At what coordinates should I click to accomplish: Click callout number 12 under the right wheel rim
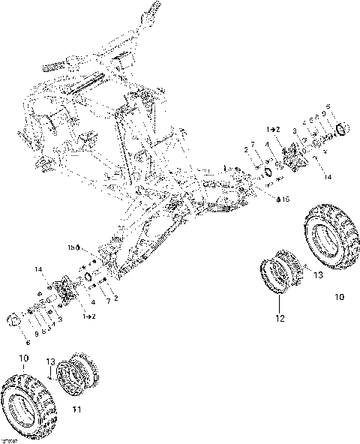(x=280, y=318)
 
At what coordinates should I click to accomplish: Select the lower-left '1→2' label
(x=89, y=318)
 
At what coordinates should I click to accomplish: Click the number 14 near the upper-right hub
(x=327, y=177)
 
